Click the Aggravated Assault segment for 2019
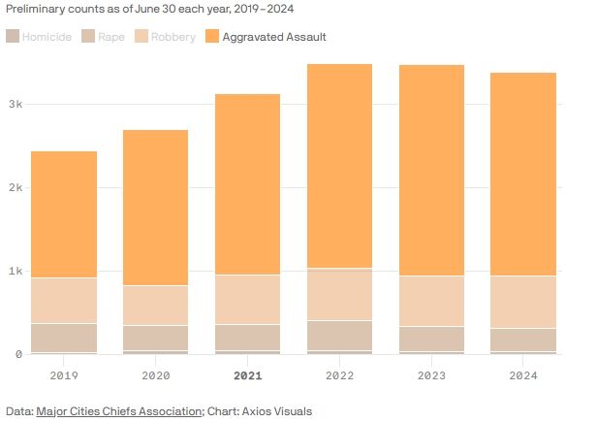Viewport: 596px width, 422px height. pyautogui.click(x=64, y=214)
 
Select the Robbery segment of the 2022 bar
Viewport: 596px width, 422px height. pyautogui.click(x=340, y=294)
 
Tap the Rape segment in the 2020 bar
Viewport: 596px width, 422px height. pyautogui.click(x=156, y=338)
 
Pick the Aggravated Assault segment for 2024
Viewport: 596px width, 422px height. pyautogui.click(x=524, y=175)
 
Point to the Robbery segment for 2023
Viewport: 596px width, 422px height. pyautogui.click(x=432, y=301)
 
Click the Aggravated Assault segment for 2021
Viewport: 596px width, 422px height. pyautogui.click(x=248, y=184)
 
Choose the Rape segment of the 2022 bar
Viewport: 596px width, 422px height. pyautogui.click(x=340, y=335)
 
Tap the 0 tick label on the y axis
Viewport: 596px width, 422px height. pyautogui.click(x=17, y=354)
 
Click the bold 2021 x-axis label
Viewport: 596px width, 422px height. pyautogui.click(x=248, y=374)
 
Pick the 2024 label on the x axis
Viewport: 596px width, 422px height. pyautogui.click(x=524, y=374)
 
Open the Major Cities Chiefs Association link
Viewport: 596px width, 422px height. pyautogui.click(x=118, y=411)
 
